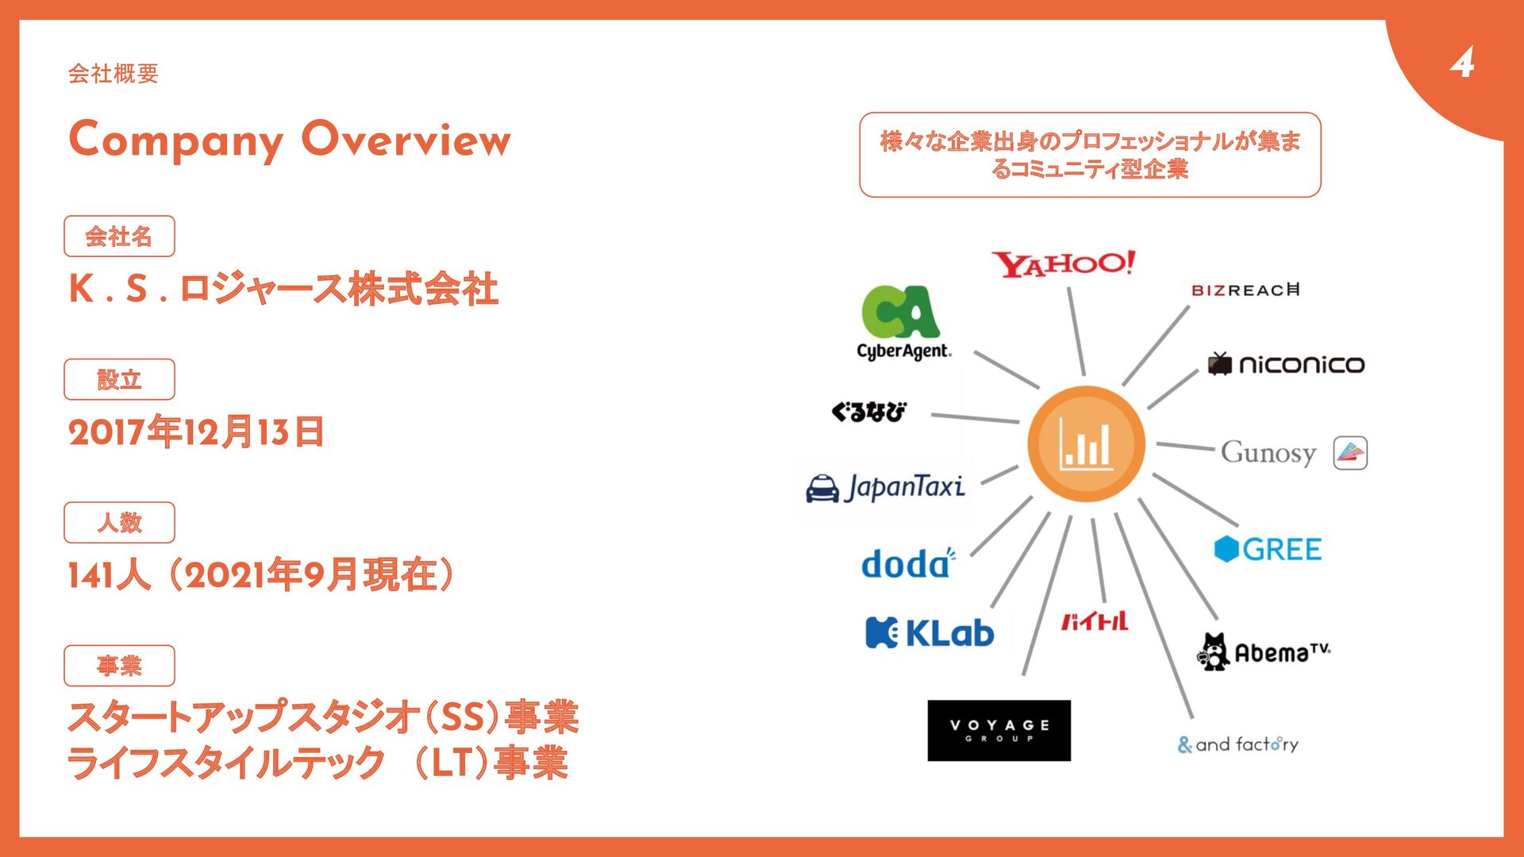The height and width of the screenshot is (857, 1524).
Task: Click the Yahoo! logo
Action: (1063, 264)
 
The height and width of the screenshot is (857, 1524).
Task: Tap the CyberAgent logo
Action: (902, 323)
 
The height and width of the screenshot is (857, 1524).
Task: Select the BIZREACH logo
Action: (1245, 290)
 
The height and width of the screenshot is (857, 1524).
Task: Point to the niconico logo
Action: (1286, 364)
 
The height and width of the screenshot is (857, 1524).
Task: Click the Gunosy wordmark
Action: (1268, 453)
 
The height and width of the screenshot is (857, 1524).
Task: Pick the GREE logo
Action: (1268, 548)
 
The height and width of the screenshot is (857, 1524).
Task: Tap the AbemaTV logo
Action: (1263, 652)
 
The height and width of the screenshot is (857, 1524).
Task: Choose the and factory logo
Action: (1237, 744)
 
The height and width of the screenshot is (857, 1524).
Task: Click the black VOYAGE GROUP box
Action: (999, 730)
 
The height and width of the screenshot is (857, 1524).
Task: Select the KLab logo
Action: (929, 633)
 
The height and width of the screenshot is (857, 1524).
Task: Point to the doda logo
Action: (907, 563)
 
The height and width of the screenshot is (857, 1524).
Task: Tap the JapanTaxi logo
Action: (885, 487)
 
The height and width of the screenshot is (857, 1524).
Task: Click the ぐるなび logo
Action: (868, 412)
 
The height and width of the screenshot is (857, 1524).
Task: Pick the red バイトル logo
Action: (1095, 621)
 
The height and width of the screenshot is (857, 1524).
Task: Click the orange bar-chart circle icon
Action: (1086, 444)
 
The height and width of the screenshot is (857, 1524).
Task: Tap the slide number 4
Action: (1462, 62)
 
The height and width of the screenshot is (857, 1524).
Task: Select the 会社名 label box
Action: (119, 236)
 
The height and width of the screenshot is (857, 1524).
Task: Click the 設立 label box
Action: (119, 379)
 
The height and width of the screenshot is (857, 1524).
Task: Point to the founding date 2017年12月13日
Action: (196, 432)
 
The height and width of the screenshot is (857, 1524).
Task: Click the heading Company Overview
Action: (290, 140)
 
